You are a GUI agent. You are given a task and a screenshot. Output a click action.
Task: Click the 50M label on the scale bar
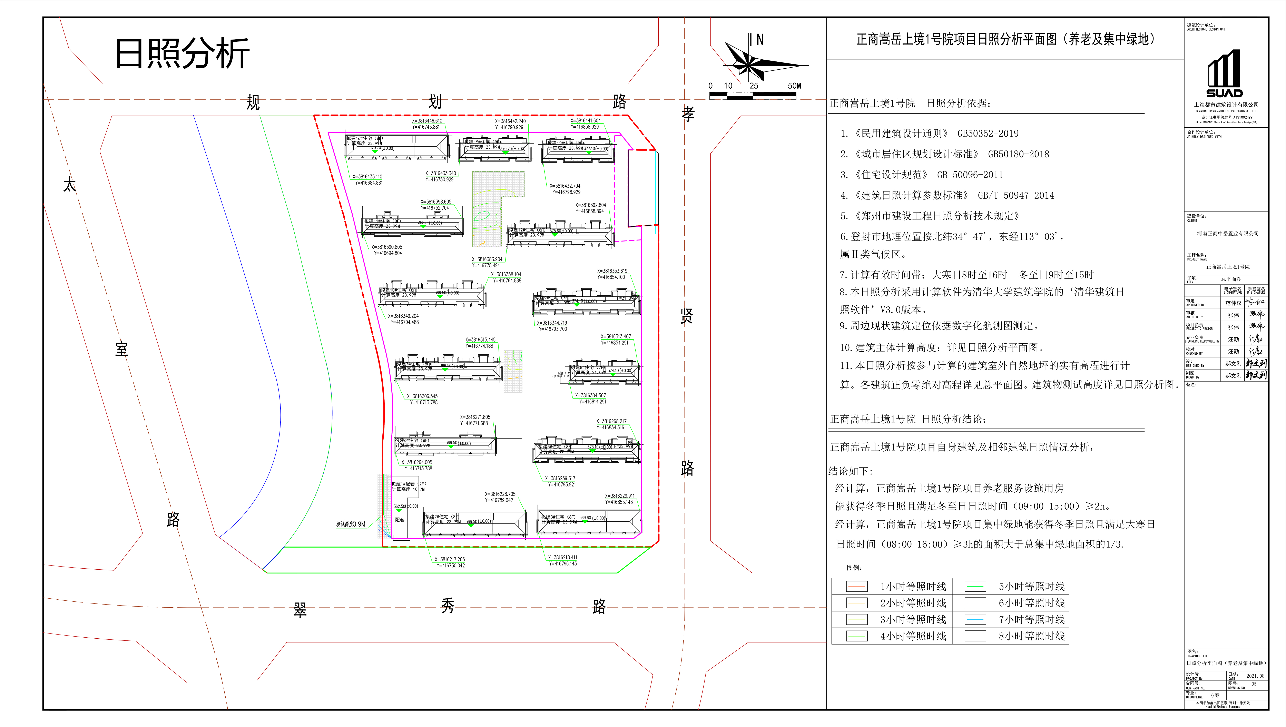(x=794, y=86)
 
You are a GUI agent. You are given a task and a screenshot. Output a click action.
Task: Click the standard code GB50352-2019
(x=988, y=133)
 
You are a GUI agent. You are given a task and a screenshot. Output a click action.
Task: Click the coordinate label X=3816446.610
(x=427, y=121)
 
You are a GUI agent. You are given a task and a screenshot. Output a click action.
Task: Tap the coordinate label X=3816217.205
(x=449, y=559)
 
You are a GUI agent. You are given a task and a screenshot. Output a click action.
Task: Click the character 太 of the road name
(x=69, y=185)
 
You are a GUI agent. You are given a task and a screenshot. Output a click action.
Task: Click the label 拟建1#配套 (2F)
(x=408, y=484)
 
